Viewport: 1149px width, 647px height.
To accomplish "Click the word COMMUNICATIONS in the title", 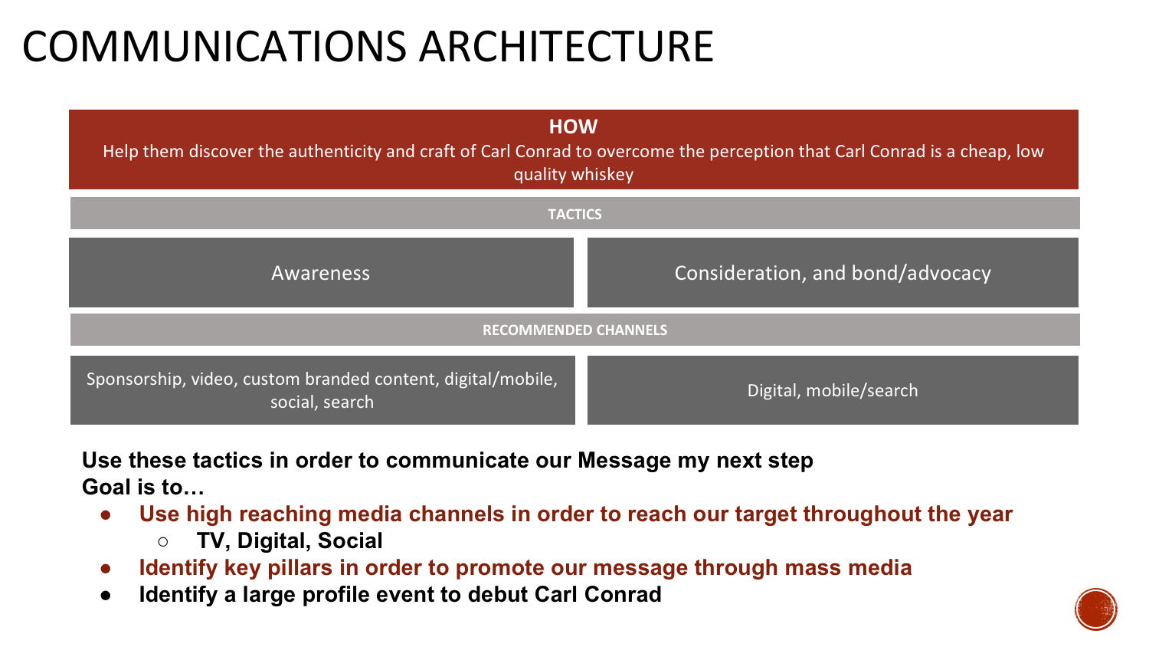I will coord(214,47).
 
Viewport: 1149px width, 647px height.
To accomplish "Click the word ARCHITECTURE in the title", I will coord(566,47).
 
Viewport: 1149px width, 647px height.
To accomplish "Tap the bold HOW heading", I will coord(573,126).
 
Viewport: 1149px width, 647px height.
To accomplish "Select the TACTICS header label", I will coord(574,215).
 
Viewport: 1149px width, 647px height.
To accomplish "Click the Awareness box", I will coord(321,273).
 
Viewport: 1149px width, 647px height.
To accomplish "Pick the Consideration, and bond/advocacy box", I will coord(833,273).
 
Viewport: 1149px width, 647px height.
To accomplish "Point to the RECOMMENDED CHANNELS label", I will coord(574,330).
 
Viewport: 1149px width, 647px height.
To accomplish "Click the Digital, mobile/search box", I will coord(833,390).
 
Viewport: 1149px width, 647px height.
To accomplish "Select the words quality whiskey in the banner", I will coord(573,175).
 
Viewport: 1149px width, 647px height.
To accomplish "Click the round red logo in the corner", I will coord(1096,609).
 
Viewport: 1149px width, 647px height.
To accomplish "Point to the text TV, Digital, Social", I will coord(290,540).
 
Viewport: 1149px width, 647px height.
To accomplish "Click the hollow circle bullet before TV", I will coord(162,541).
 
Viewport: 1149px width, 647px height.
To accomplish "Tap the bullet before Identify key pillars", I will coord(106,568).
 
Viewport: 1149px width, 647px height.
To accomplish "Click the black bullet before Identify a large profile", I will coord(106,595).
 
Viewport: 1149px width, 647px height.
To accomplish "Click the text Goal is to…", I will coord(143,487).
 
